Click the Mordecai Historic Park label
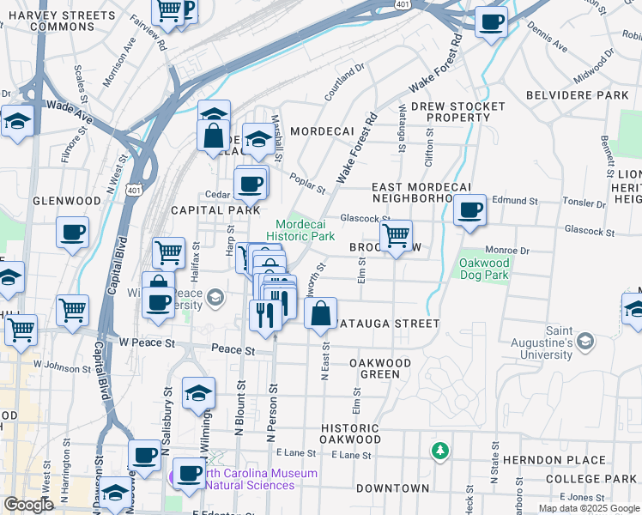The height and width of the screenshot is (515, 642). (x=300, y=229)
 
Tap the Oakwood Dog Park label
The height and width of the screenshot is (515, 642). (x=484, y=270)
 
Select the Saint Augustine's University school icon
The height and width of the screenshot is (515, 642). (x=585, y=342)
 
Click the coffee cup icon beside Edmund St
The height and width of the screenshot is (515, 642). (x=469, y=210)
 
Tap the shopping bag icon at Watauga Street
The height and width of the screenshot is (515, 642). (x=320, y=314)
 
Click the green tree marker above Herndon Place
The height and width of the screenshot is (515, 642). (x=439, y=450)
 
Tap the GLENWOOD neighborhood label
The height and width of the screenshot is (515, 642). (x=67, y=201)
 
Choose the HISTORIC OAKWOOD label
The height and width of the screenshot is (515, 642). (x=350, y=434)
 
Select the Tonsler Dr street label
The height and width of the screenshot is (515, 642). (x=584, y=203)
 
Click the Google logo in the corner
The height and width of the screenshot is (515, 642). (x=28, y=505)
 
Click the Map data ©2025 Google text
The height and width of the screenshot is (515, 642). (x=589, y=508)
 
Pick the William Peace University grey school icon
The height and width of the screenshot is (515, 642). (x=215, y=298)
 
